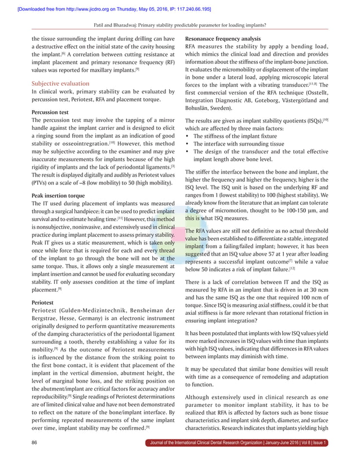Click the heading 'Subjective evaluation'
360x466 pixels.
(x=61, y=82)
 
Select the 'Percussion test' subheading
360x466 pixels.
(x=54, y=112)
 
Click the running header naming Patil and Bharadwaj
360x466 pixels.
(x=180, y=25)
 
